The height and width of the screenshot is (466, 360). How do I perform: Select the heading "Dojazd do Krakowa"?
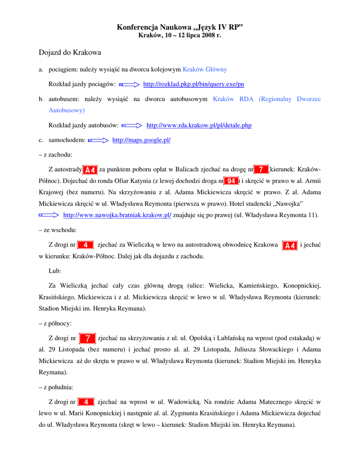pyautogui.click(x=70, y=53)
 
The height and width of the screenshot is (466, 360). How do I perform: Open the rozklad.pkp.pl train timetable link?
pyautogui.click(x=193, y=84)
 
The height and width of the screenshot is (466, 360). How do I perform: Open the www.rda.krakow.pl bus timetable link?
pyautogui.click(x=199, y=125)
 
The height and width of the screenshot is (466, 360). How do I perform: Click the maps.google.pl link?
pyautogui.click(x=141, y=140)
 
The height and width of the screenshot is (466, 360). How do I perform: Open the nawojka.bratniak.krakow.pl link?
pyautogui.click(x=117, y=215)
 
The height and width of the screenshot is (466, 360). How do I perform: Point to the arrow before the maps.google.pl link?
pyautogui.click(x=98, y=140)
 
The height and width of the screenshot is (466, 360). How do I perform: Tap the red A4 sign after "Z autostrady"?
pyautogui.click(x=90, y=170)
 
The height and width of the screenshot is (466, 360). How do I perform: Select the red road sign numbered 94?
pyautogui.click(x=231, y=181)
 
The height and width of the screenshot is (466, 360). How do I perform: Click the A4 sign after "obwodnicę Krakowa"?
pyautogui.click(x=290, y=245)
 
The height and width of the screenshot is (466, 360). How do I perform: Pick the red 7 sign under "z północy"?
pyautogui.click(x=87, y=338)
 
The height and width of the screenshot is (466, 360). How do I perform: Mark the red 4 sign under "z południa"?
pyautogui.click(x=86, y=402)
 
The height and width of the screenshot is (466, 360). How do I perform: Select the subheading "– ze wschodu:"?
pyautogui.click(x=58, y=230)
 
